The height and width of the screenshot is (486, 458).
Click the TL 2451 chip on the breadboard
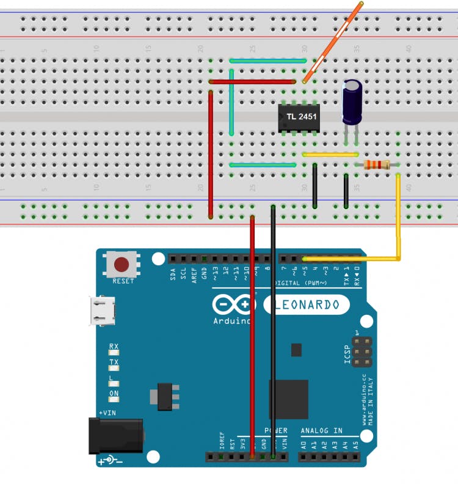[x=299, y=118]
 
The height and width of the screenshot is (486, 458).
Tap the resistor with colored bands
[x=377, y=164]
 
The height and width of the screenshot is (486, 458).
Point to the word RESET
[x=123, y=282]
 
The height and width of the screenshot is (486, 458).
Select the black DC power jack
[x=115, y=435]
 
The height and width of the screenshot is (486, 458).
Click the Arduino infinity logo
[x=231, y=305]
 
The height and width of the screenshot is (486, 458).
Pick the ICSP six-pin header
[x=362, y=350]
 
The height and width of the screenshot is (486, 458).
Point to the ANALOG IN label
[x=321, y=431]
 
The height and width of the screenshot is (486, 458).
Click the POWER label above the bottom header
[x=275, y=431]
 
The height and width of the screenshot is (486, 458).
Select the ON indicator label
[x=114, y=393]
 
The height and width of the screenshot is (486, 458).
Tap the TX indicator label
[x=114, y=363]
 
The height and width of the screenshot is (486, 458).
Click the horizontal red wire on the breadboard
[x=256, y=81]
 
